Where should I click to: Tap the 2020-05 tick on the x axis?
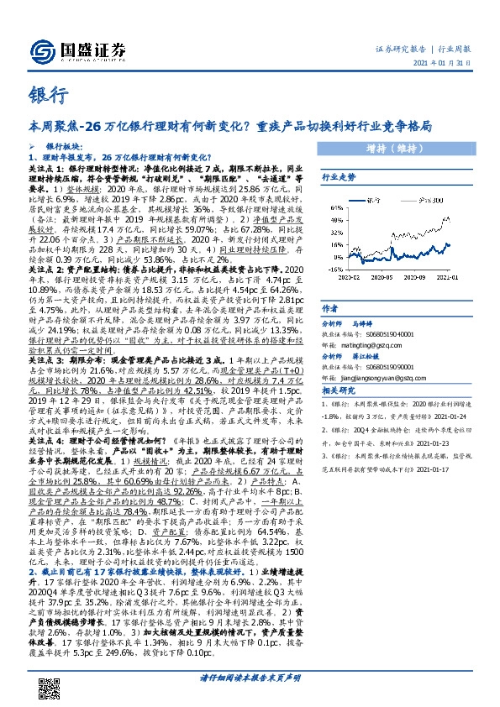point(382,277)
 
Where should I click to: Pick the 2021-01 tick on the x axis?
point(450,277)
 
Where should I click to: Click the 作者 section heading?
point(330,309)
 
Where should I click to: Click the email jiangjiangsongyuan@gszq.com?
point(376,378)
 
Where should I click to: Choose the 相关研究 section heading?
point(339,392)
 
